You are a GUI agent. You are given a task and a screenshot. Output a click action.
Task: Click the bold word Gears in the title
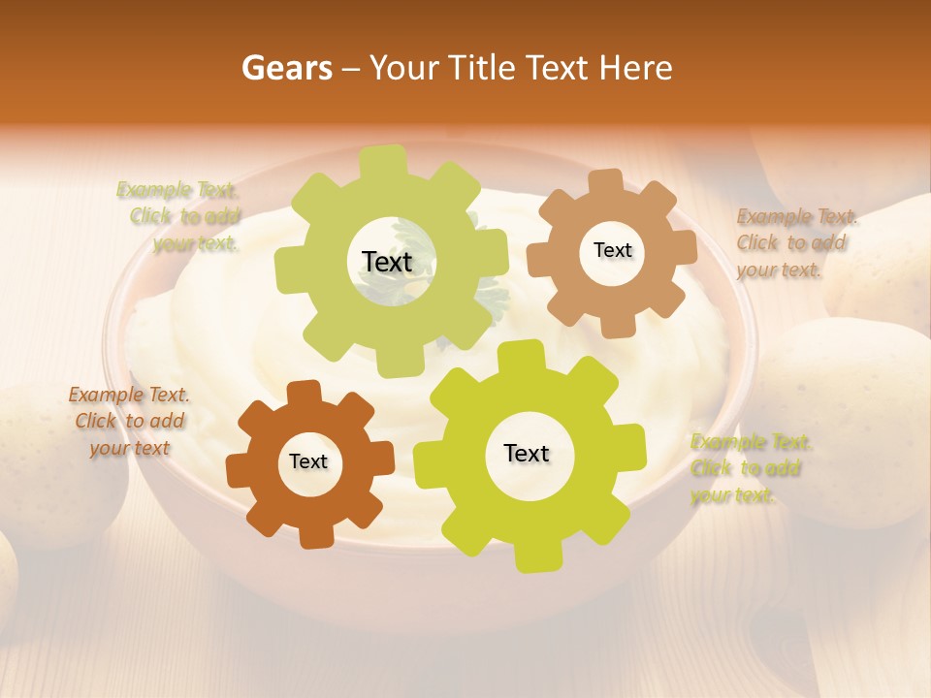click(x=286, y=68)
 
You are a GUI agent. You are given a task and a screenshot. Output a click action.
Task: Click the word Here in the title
click(x=636, y=68)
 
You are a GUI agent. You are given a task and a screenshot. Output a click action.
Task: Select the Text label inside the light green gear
click(x=387, y=262)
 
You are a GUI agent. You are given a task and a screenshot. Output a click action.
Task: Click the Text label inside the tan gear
click(x=612, y=250)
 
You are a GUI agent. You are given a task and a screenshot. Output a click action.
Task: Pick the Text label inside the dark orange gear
click(x=308, y=462)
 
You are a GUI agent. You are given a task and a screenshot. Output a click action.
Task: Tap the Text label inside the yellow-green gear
click(x=527, y=454)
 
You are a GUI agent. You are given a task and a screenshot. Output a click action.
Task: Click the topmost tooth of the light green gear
click(x=383, y=161)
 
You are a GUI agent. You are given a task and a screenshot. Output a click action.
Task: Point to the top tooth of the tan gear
click(x=606, y=181)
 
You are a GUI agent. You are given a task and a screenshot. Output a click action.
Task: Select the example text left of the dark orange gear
click(x=129, y=421)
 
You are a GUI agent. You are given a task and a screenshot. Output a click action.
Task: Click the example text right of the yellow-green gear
click(x=747, y=468)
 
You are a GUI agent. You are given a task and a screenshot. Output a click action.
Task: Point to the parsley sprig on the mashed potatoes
click(x=490, y=291)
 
